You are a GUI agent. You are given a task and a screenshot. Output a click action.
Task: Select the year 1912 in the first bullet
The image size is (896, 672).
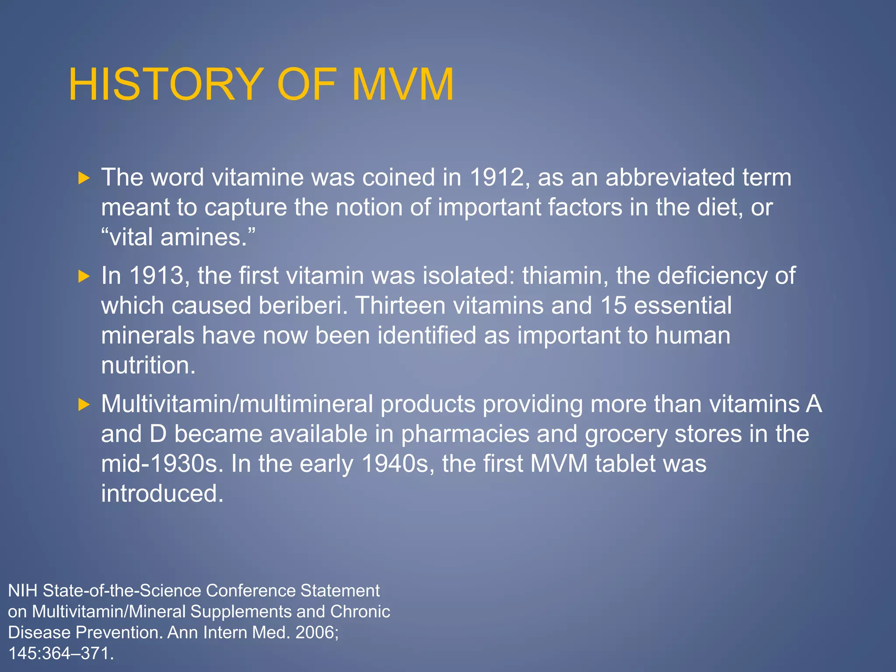pos(497,178)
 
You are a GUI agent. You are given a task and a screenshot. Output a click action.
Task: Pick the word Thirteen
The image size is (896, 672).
pos(400,305)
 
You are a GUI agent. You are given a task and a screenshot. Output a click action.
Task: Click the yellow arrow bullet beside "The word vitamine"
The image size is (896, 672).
pos(84,178)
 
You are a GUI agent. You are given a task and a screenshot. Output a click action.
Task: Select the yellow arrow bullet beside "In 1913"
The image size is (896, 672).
pos(84,276)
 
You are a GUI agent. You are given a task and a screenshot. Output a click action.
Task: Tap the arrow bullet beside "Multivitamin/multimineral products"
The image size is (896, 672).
pos(84,404)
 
